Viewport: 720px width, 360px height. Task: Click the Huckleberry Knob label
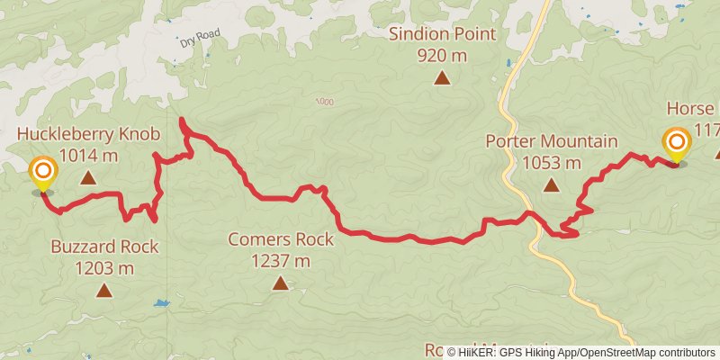(x=88, y=135)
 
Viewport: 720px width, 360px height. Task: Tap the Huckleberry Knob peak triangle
(x=88, y=177)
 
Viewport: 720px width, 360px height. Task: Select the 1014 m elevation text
(x=88, y=156)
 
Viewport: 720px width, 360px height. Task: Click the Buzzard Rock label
(x=104, y=247)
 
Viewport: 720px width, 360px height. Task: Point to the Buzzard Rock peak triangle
(x=104, y=290)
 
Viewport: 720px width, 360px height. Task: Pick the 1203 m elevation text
(x=104, y=268)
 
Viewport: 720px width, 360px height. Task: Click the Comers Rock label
(x=281, y=239)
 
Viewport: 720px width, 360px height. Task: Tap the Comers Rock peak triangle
(x=281, y=283)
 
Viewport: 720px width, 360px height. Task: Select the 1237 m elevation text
(x=281, y=261)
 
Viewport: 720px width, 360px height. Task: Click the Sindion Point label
(x=442, y=35)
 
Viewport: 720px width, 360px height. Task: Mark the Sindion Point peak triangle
(x=442, y=78)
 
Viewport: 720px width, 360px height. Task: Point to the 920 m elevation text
(x=442, y=56)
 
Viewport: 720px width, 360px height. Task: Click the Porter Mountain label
(x=551, y=141)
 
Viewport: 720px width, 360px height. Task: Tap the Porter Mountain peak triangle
(x=551, y=184)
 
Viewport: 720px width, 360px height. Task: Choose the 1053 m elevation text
(x=551, y=163)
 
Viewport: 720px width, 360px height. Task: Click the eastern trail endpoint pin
(x=676, y=146)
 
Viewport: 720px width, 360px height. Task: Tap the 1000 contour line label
(x=324, y=102)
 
